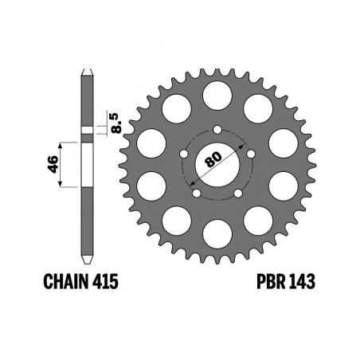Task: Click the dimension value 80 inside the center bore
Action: [x=213, y=159]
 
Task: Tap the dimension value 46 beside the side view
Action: [x=53, y=164]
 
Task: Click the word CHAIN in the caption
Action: [x=66, y=281]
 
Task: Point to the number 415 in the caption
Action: [x=105, y=281]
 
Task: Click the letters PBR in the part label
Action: [x=271, y=281]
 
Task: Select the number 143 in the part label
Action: [x=302, y=281]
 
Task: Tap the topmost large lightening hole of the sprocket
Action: [x=217, y=96]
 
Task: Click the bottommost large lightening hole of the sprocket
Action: [x=217, y=234]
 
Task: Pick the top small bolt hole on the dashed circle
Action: [x=217, y=130]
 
